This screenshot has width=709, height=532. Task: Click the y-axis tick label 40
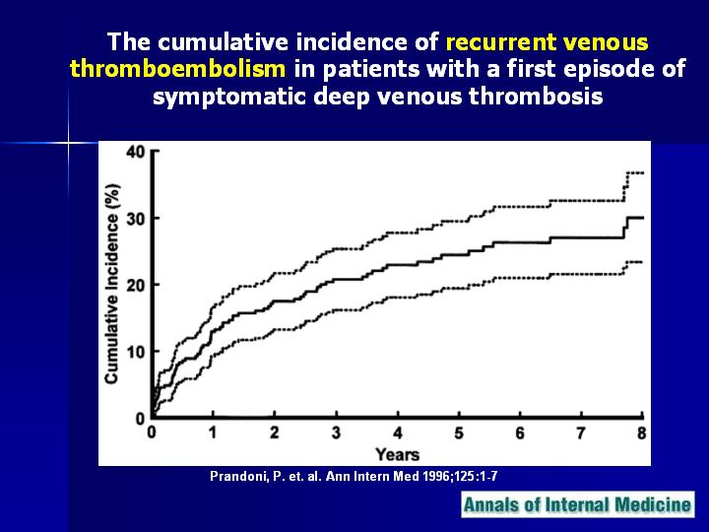pyautogui.click(x=135, y=152)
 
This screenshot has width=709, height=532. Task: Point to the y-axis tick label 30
pyautogui.click(x=135, y=219)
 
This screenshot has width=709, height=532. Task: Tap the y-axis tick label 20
pyautogui.click(x=135, y=286)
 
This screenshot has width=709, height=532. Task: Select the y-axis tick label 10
pyautogui.click(x=135, y=352)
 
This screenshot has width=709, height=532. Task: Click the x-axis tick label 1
pyautogui.click(x=213, y=432)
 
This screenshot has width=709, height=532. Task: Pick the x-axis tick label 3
pyautogui.click(x=336, y=432)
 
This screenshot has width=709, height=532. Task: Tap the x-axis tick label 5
pyautogui.click(x=459, y=432)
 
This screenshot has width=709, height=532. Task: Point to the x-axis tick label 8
pyautogui.click(x=642, y=432)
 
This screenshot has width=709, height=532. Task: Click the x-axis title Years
pyautogui.click(x=398, y=454)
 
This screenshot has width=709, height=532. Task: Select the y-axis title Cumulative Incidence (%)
pyautogui.click(x=111, y=284)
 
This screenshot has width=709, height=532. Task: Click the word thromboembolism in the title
pyautogui.click(x=177, y=69)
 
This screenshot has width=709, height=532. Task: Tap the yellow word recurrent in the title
pyautogui.click(x=501, y=42)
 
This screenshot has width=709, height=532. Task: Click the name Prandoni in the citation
pyautogui.click(x=238, y=477)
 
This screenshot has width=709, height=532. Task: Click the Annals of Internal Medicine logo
pyautogui.click(x=578, y=504)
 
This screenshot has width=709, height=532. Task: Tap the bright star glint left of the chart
pyautogui.click(x=68, y=144)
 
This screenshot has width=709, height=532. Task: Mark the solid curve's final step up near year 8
pyautogui.click(x=625, y=229)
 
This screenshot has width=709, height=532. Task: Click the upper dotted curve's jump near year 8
pyautogui.click(x=624, y=187)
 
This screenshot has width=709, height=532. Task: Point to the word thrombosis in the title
pyautogui.click(x=536, y=97)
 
